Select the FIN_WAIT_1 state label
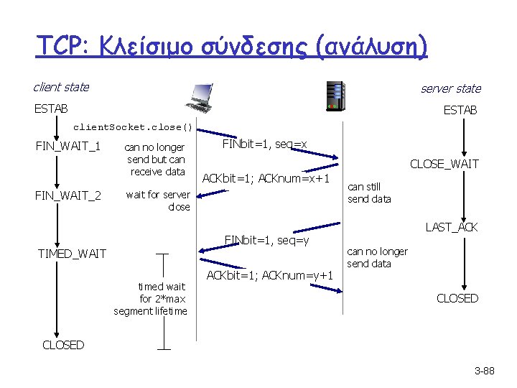point(67,147)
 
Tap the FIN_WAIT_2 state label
point(68,195)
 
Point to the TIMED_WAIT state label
point(72,254)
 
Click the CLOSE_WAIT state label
point(444,165)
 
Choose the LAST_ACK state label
point(452,227)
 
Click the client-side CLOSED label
point(63,345)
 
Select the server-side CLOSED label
point(457,298)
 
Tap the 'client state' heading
point(61,87)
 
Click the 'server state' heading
point(450,88)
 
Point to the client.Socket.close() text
point(134,128)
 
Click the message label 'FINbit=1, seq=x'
point(264,144)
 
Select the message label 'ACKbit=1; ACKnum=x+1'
point(266,178)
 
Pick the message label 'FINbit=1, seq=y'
point(267,239)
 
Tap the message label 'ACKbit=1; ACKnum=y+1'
point(270,275)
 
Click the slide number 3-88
point(486,371)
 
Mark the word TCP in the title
point(60,47)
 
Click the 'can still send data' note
point(369,193)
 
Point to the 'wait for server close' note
point(157,200)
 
